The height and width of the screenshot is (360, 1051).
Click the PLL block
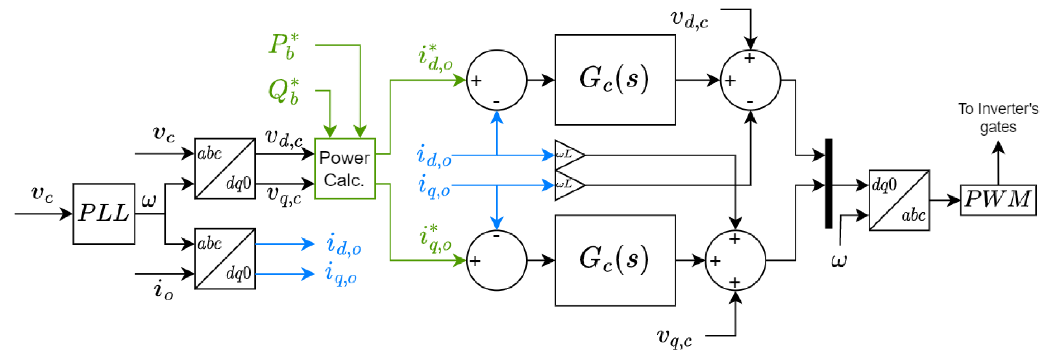[104, 213]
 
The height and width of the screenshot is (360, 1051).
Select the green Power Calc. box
[345, 169]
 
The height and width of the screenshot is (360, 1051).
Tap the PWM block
[998, 200]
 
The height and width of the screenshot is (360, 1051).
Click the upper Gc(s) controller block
[615, 80]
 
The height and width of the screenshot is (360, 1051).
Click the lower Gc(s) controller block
[615, 260]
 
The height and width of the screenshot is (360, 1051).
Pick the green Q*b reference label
[284, 91]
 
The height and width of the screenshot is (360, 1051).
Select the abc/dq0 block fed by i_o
[225, 259]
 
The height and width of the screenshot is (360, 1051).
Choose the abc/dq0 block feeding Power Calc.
[225, 169]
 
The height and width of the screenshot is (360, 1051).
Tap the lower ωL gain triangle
[568, 185]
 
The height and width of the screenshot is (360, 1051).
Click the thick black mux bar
[828, 184]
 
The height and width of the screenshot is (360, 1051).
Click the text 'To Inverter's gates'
[998, 118]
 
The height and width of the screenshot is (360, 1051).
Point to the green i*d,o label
[435, 58]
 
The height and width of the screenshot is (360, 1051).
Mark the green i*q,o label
[435, 239]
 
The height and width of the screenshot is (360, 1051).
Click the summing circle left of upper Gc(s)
[496, 80]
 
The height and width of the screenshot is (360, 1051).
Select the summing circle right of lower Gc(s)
[735, 260]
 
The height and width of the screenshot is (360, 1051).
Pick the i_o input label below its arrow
[163, 290]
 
